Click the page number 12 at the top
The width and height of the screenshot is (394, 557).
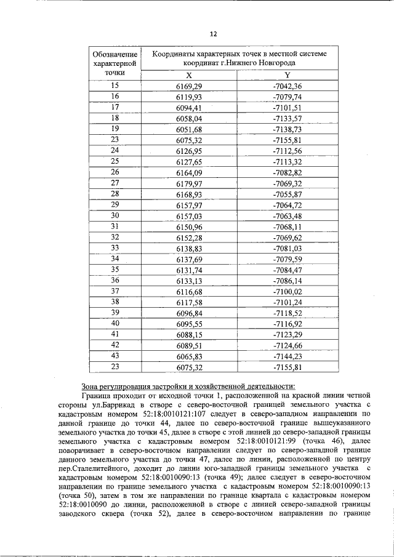tap(213, 33)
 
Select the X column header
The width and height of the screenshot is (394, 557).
tap(189, 74)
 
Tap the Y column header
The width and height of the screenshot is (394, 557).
tap(287, 74)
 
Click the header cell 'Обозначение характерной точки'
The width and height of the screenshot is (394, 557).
tap(115, 63)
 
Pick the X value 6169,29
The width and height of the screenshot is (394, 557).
tap(189, 86)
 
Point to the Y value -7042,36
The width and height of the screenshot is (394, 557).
tap(287, 86)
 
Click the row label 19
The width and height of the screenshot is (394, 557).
tap(115, 128)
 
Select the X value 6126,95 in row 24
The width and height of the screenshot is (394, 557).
tap(189, 151)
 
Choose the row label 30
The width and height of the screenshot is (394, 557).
tap(115, 215)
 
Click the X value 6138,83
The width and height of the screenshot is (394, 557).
tap(189, 248)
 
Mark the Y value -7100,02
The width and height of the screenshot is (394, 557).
tap(287, 291)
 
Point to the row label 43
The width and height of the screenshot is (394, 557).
tap(115, 356)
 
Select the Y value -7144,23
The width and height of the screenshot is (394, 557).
tap(287, 356)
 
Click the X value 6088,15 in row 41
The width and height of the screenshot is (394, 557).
tap(189, 334)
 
